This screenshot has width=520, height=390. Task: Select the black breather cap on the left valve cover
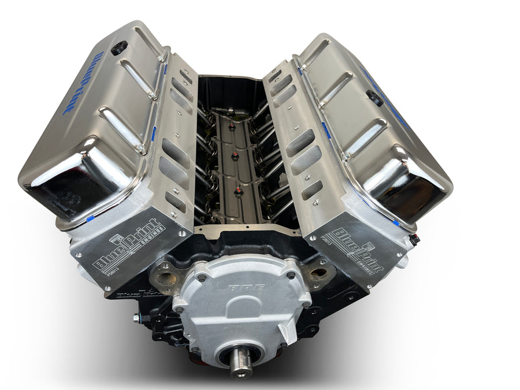119,47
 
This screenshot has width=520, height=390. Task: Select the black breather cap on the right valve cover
374,98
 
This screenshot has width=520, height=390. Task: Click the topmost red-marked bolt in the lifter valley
231,125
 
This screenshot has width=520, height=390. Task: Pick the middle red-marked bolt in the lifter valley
234,157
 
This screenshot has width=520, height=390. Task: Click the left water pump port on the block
166,281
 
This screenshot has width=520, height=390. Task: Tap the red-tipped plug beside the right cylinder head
414,239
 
